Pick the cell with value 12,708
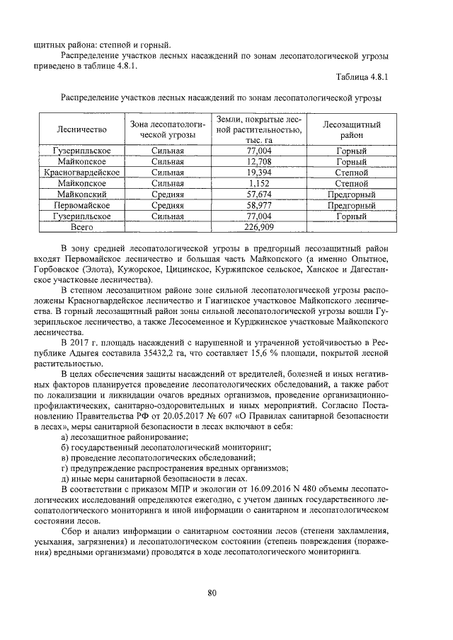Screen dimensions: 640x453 click(259, 161)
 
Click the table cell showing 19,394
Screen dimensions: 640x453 click(259, 172)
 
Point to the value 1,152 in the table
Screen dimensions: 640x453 click(259, 182)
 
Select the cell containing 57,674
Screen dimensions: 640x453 click(259, 193)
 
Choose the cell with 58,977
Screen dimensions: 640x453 click(259, 204)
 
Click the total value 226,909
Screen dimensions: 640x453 click(259, 226)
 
